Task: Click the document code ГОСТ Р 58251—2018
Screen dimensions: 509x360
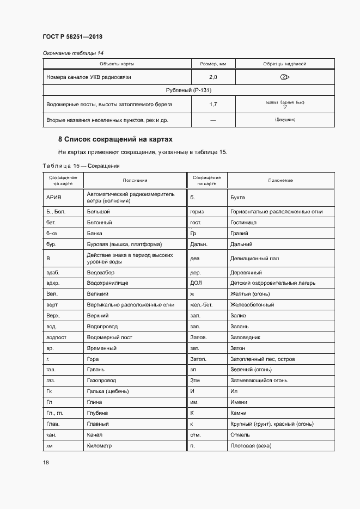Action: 72,37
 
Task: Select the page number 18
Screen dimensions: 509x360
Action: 46,462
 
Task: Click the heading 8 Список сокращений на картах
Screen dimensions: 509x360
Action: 115,139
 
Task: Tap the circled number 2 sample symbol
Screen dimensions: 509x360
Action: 285,77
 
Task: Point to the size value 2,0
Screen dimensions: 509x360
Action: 213,77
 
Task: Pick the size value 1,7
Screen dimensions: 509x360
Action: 213,103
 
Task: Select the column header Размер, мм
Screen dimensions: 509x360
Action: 213,64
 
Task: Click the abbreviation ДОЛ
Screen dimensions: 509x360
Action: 196,283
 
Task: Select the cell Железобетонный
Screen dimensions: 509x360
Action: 252,305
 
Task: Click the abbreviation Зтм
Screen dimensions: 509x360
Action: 196,381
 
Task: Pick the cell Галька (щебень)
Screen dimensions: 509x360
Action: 108,391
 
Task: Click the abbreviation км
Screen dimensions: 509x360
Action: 51,446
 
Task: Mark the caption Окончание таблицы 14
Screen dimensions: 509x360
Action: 73,53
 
